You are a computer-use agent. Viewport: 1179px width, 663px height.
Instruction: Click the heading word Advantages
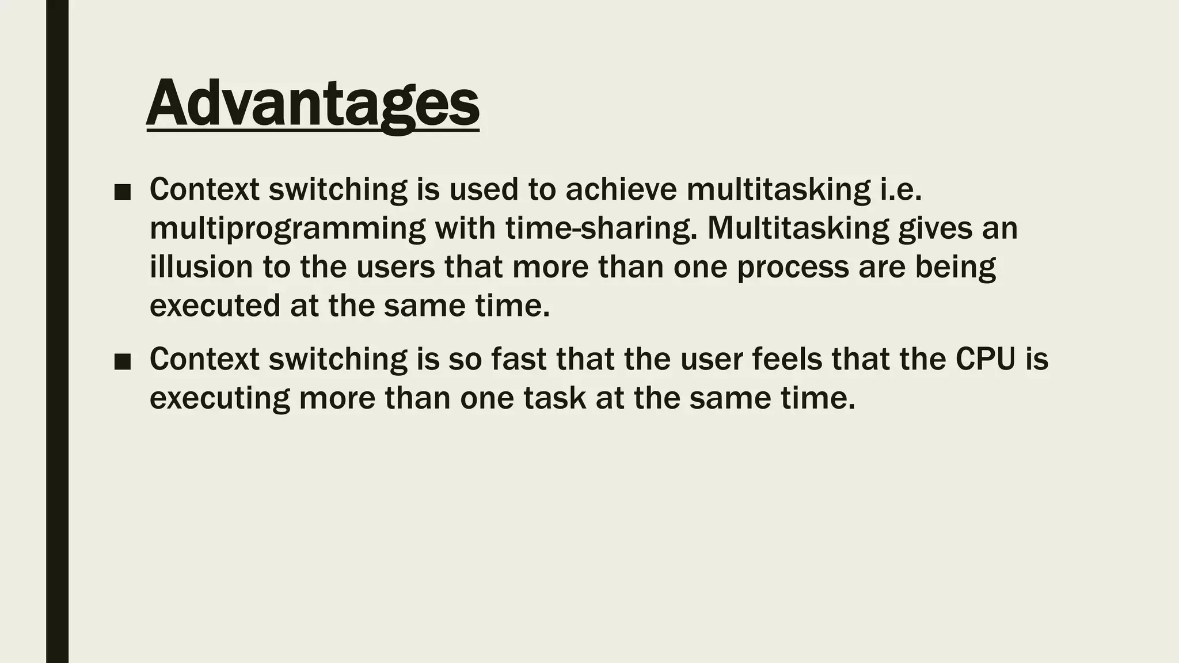click(x=313, y=104)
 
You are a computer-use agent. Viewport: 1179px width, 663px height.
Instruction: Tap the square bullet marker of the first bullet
click(x=122, y=193)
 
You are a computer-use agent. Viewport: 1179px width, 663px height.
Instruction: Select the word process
click(x=793, y=268)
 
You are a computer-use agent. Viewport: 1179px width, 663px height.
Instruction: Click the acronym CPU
click(x=985, y=359)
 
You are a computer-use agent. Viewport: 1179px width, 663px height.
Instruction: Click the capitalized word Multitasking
click(x=798, y=228)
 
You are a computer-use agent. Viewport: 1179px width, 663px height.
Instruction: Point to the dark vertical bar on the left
click(x=57, y=331)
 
